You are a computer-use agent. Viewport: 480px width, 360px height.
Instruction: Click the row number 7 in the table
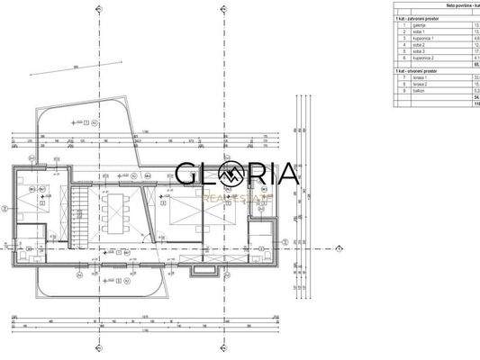[405, 78]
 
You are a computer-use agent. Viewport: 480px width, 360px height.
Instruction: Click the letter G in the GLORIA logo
[186, 172]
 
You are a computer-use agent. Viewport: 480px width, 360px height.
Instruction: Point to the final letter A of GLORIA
[285, 172]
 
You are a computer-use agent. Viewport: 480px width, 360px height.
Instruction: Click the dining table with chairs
[115, 214]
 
